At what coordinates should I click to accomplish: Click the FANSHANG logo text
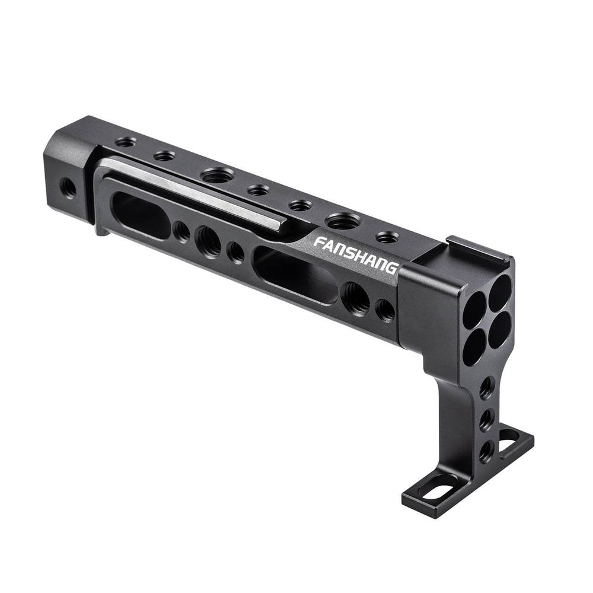click(355, 253)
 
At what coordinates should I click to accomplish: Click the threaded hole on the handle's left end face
click(69, 188)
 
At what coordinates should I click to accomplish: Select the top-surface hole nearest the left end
click(125, 142)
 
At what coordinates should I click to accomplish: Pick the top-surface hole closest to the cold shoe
click(387, 237)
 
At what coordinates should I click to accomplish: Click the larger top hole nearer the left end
click(217, 175)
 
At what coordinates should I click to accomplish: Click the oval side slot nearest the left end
click(141, 215)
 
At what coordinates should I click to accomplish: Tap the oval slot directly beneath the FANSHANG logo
click(295, 275)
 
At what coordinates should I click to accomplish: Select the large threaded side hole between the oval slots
click(208, 241)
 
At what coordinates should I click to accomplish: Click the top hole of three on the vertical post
click(486, 388)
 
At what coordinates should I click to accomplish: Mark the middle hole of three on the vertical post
click(486, 420)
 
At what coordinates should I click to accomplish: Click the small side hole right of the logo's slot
click(385, 310)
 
